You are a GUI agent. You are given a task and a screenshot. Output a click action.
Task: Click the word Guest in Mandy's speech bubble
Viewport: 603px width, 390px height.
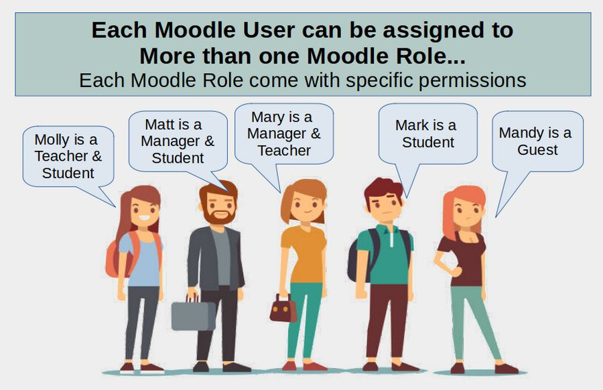[537, 149]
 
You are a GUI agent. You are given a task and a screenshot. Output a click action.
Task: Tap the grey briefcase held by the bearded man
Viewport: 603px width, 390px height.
[194, 315]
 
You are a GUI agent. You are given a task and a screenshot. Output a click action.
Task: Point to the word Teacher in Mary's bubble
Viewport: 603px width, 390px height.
[284, 150]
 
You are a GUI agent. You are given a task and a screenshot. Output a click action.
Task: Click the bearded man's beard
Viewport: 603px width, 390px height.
[220, 214]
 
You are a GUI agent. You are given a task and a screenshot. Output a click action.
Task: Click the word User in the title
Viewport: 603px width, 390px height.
[269, 30]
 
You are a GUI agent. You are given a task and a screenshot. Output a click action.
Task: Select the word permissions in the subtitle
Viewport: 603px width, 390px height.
[472, 81]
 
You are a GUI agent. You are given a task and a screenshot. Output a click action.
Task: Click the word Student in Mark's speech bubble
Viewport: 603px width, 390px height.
[428, 142]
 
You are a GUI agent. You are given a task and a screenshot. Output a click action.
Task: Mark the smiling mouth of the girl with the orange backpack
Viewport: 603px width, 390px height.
[144, 218]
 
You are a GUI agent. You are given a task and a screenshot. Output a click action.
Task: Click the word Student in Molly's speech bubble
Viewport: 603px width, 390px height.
[68, 173]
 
